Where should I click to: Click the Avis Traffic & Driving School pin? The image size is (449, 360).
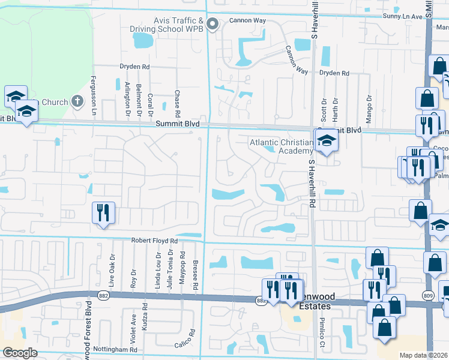tap(212, 24)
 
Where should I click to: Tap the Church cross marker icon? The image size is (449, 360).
tap(77, 101)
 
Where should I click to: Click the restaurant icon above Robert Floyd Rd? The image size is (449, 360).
tap(103, 213)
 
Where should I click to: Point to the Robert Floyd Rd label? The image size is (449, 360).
tap(155, 240)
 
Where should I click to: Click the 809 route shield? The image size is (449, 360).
tap(428, 295)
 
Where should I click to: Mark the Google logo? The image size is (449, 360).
tap(20, 353)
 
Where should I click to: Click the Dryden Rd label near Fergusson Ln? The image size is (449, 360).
tap(134, 66)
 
